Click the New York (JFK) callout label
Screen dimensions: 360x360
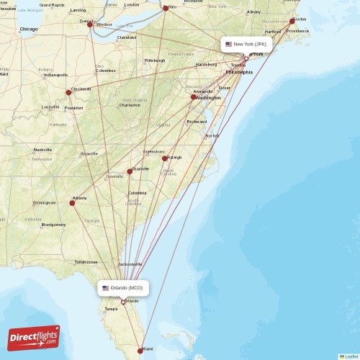[246, 44]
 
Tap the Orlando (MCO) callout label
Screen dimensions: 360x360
[123, 288]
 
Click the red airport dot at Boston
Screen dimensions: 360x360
[292, 21]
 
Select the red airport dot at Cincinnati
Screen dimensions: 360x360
[68, 92]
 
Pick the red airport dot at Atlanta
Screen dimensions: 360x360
[72, 203]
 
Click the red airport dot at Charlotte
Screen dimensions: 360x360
[130, 171]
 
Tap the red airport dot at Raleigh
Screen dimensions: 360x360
[165, 158]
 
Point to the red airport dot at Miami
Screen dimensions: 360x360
[140, 351]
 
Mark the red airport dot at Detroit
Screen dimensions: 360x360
[90, 24]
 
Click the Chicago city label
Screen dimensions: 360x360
[30, 29]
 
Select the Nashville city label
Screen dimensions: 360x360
[42, 150]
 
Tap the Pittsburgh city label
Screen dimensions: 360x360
[155, 60]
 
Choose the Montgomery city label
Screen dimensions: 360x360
[53, 225]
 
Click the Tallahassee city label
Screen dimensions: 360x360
[86, 262]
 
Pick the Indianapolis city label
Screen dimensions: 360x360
[55, 75]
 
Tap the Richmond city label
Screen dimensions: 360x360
[197, 122]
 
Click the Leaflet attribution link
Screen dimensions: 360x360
[351, 356]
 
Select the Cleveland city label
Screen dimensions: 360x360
[127, 37]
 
